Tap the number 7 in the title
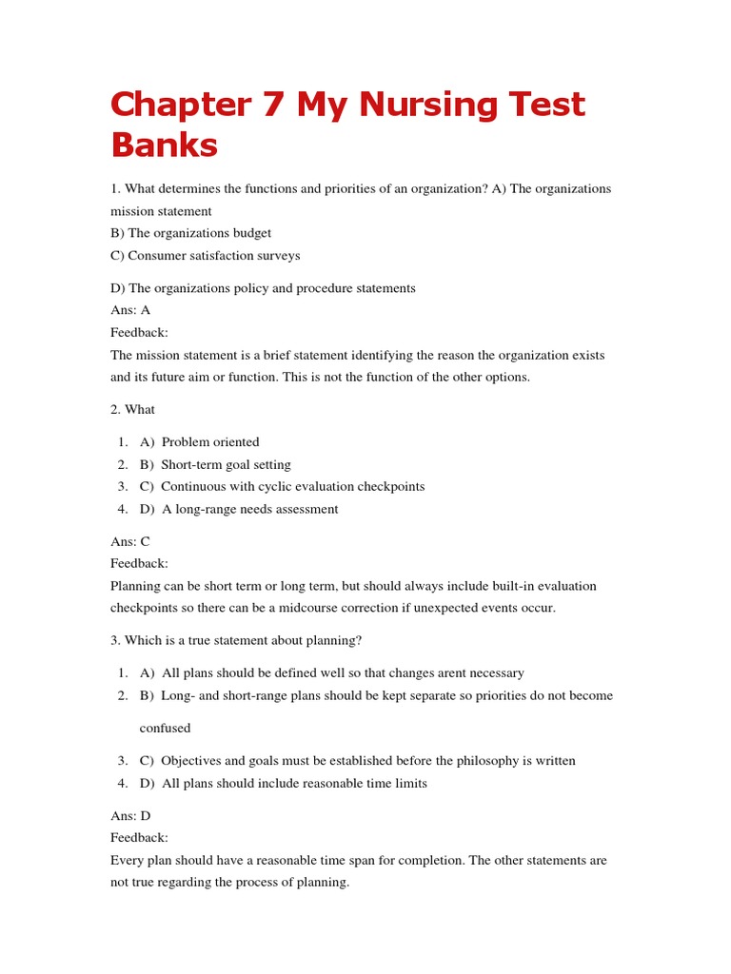point(274,105)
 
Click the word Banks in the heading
point(164,146)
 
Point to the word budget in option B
point(249,233)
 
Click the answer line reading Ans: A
point(130,310)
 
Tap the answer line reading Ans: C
point(130,541)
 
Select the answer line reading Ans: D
point(130,815)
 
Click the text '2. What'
point(132,409)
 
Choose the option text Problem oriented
point(210,442)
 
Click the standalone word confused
point(166,728)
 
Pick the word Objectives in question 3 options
point(190,761)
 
